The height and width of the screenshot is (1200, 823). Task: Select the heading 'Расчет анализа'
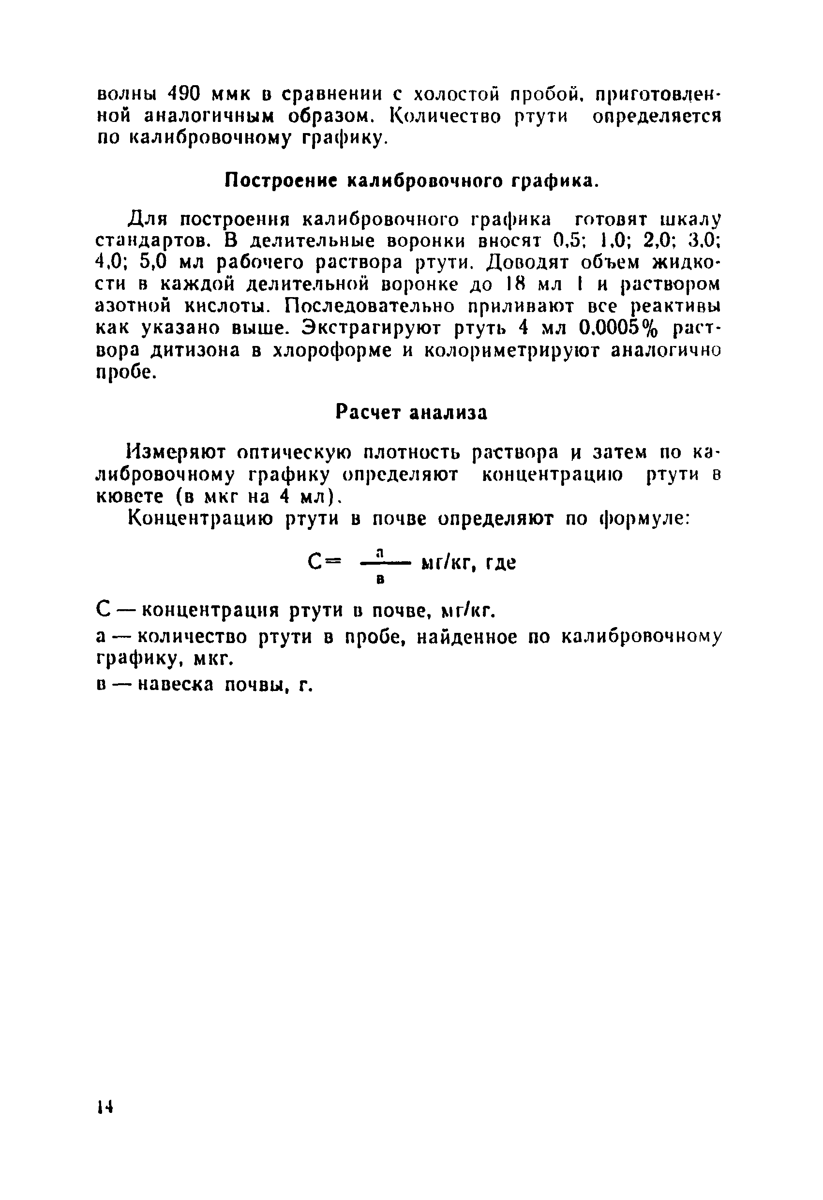click(x=411, y=413)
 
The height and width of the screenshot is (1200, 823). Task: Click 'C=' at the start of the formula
click(x=324, y=562)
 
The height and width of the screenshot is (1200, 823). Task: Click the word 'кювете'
click(x=130, y=496)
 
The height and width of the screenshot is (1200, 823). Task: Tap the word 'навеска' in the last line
click(x=177, y=685)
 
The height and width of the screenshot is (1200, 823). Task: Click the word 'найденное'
click(x=466, y=638)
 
